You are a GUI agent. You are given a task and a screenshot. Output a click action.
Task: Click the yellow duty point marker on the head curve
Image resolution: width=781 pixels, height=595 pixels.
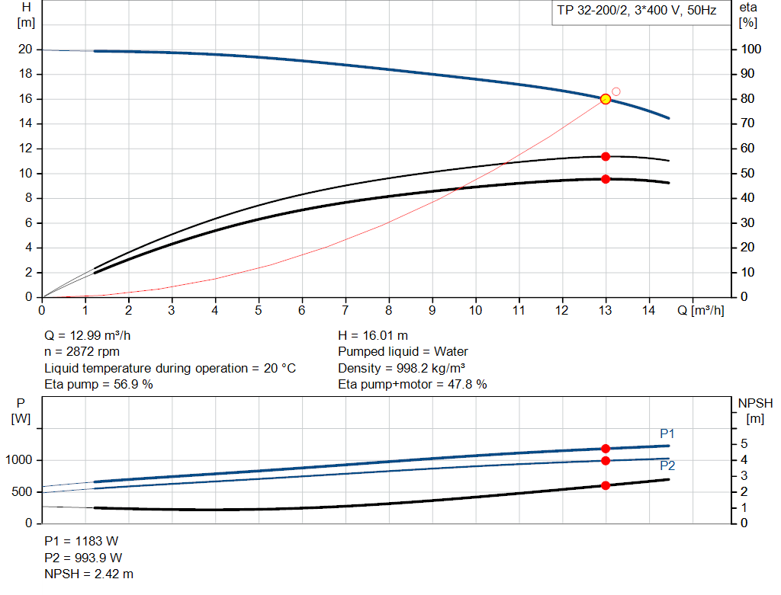pos(606,99)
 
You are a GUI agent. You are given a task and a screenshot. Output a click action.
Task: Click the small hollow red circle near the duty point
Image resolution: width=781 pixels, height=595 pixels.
pos(616,91)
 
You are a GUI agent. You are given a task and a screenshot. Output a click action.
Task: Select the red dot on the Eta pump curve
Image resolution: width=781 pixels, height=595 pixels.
pos(606,156)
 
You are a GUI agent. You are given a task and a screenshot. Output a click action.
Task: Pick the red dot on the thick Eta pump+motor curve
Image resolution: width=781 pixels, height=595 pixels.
pos(606,179)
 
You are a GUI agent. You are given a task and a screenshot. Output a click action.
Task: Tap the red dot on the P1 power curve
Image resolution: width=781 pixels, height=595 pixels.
pos(606,449)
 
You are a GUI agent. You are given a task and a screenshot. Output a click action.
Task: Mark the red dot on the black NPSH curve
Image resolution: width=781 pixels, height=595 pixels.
pos(606,485)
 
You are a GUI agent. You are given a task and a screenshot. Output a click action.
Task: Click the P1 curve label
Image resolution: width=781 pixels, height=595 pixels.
pos(667,433)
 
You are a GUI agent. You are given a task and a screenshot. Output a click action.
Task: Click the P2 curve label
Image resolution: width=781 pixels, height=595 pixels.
pos(667,465)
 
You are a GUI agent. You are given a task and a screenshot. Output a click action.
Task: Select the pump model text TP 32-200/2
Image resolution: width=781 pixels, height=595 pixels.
pos(589,12)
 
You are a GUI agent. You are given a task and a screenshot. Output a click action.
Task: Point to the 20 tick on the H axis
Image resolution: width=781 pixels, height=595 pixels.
pos(25,50)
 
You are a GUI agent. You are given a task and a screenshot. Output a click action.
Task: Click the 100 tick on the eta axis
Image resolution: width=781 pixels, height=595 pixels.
pos(750,50)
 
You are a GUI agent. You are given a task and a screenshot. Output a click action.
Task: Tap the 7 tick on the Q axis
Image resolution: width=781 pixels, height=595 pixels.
pos(345,310)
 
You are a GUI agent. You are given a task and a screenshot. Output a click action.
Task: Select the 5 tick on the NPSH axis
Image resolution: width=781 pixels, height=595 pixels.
pos(743,444)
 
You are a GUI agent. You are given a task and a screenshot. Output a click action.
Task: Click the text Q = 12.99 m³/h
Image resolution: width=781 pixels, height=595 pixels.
pos(92,335)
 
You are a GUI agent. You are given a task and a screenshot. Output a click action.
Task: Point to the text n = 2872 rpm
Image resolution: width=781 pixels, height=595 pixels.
pos(82,352)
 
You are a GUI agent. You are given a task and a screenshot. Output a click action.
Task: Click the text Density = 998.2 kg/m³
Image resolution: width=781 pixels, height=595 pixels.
pos(401,368)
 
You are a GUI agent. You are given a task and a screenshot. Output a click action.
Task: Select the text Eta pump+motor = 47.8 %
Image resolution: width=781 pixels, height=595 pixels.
pos(412,385)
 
